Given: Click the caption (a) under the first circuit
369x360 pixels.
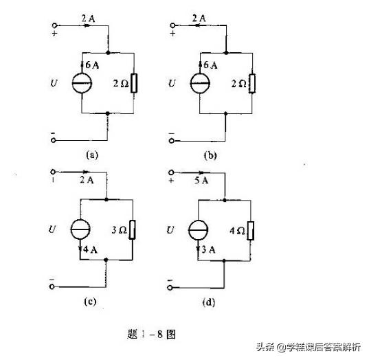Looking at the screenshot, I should (x=93, y=155).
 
